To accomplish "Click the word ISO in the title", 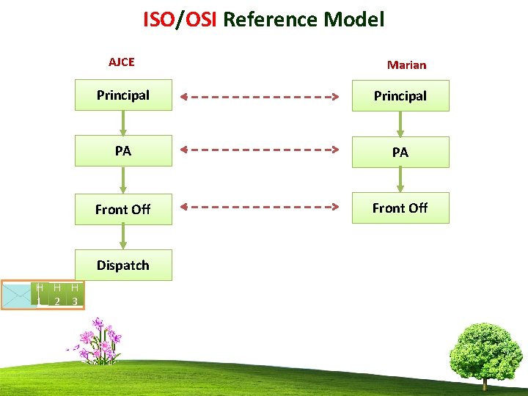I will point(158,20).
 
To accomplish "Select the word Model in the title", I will point(355,20).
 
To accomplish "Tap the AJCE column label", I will point(121,62).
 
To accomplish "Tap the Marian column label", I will point(406,65).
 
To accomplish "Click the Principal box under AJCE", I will point(123,95).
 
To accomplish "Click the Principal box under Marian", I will point(400,96).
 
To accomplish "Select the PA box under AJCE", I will point(123,152).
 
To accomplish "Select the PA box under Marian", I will point(400,153).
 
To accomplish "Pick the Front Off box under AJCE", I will point(123,209).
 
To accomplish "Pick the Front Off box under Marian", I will point(400,208).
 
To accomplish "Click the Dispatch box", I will point(123,265).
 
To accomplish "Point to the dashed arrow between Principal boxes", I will point(261,96).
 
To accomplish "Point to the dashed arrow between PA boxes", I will point(261,149).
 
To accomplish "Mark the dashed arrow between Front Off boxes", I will point(261,206).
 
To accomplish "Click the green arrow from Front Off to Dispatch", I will point(123,236).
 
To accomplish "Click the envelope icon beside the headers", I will point(18,295).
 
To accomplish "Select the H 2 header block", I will point(57,295).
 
